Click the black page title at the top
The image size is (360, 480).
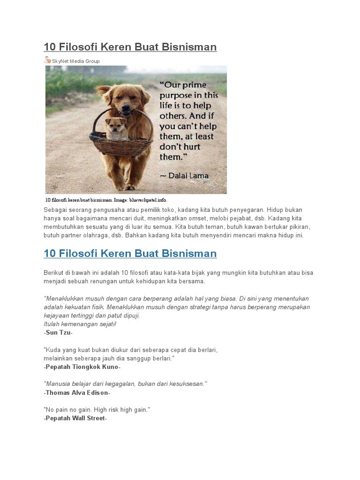[x=130, y=47]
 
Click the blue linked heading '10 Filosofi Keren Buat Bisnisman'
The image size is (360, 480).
[x=130, y=254]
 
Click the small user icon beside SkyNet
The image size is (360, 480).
[x=47, y=60]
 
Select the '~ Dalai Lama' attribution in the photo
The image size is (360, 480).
[x=184, y=176]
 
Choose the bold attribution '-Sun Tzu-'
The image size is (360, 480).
[x=58, y=332]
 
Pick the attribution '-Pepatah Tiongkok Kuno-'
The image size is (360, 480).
[x=82, y=367]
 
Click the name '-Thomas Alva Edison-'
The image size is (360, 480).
[x=77, y=392]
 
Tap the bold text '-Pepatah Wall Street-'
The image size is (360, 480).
[x=75, y=418]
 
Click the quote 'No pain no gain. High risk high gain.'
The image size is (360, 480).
[x=97, y=410]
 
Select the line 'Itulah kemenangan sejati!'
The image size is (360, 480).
[x=80, y=324]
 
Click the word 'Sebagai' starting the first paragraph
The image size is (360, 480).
[x=55, y=210]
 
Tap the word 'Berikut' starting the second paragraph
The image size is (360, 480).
[x=54, y=273]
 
